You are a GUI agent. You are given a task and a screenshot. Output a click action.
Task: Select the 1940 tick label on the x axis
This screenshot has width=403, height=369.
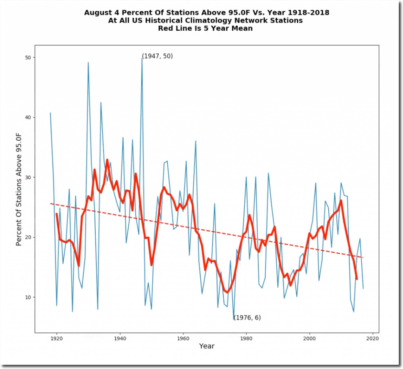[120, 338]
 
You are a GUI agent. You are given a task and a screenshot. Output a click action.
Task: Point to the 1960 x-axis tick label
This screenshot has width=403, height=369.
[183, 338]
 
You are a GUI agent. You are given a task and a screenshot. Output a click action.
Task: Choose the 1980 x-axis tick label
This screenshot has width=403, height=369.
[246, 338]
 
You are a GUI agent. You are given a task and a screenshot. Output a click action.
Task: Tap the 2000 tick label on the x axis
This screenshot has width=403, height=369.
[310, 338]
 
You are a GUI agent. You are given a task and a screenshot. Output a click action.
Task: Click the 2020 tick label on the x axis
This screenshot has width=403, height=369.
[373, 338]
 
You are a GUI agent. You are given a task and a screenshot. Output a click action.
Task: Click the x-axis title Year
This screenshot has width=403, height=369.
[207, 346]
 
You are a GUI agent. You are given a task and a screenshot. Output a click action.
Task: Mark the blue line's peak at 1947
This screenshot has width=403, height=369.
[142, 58]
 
